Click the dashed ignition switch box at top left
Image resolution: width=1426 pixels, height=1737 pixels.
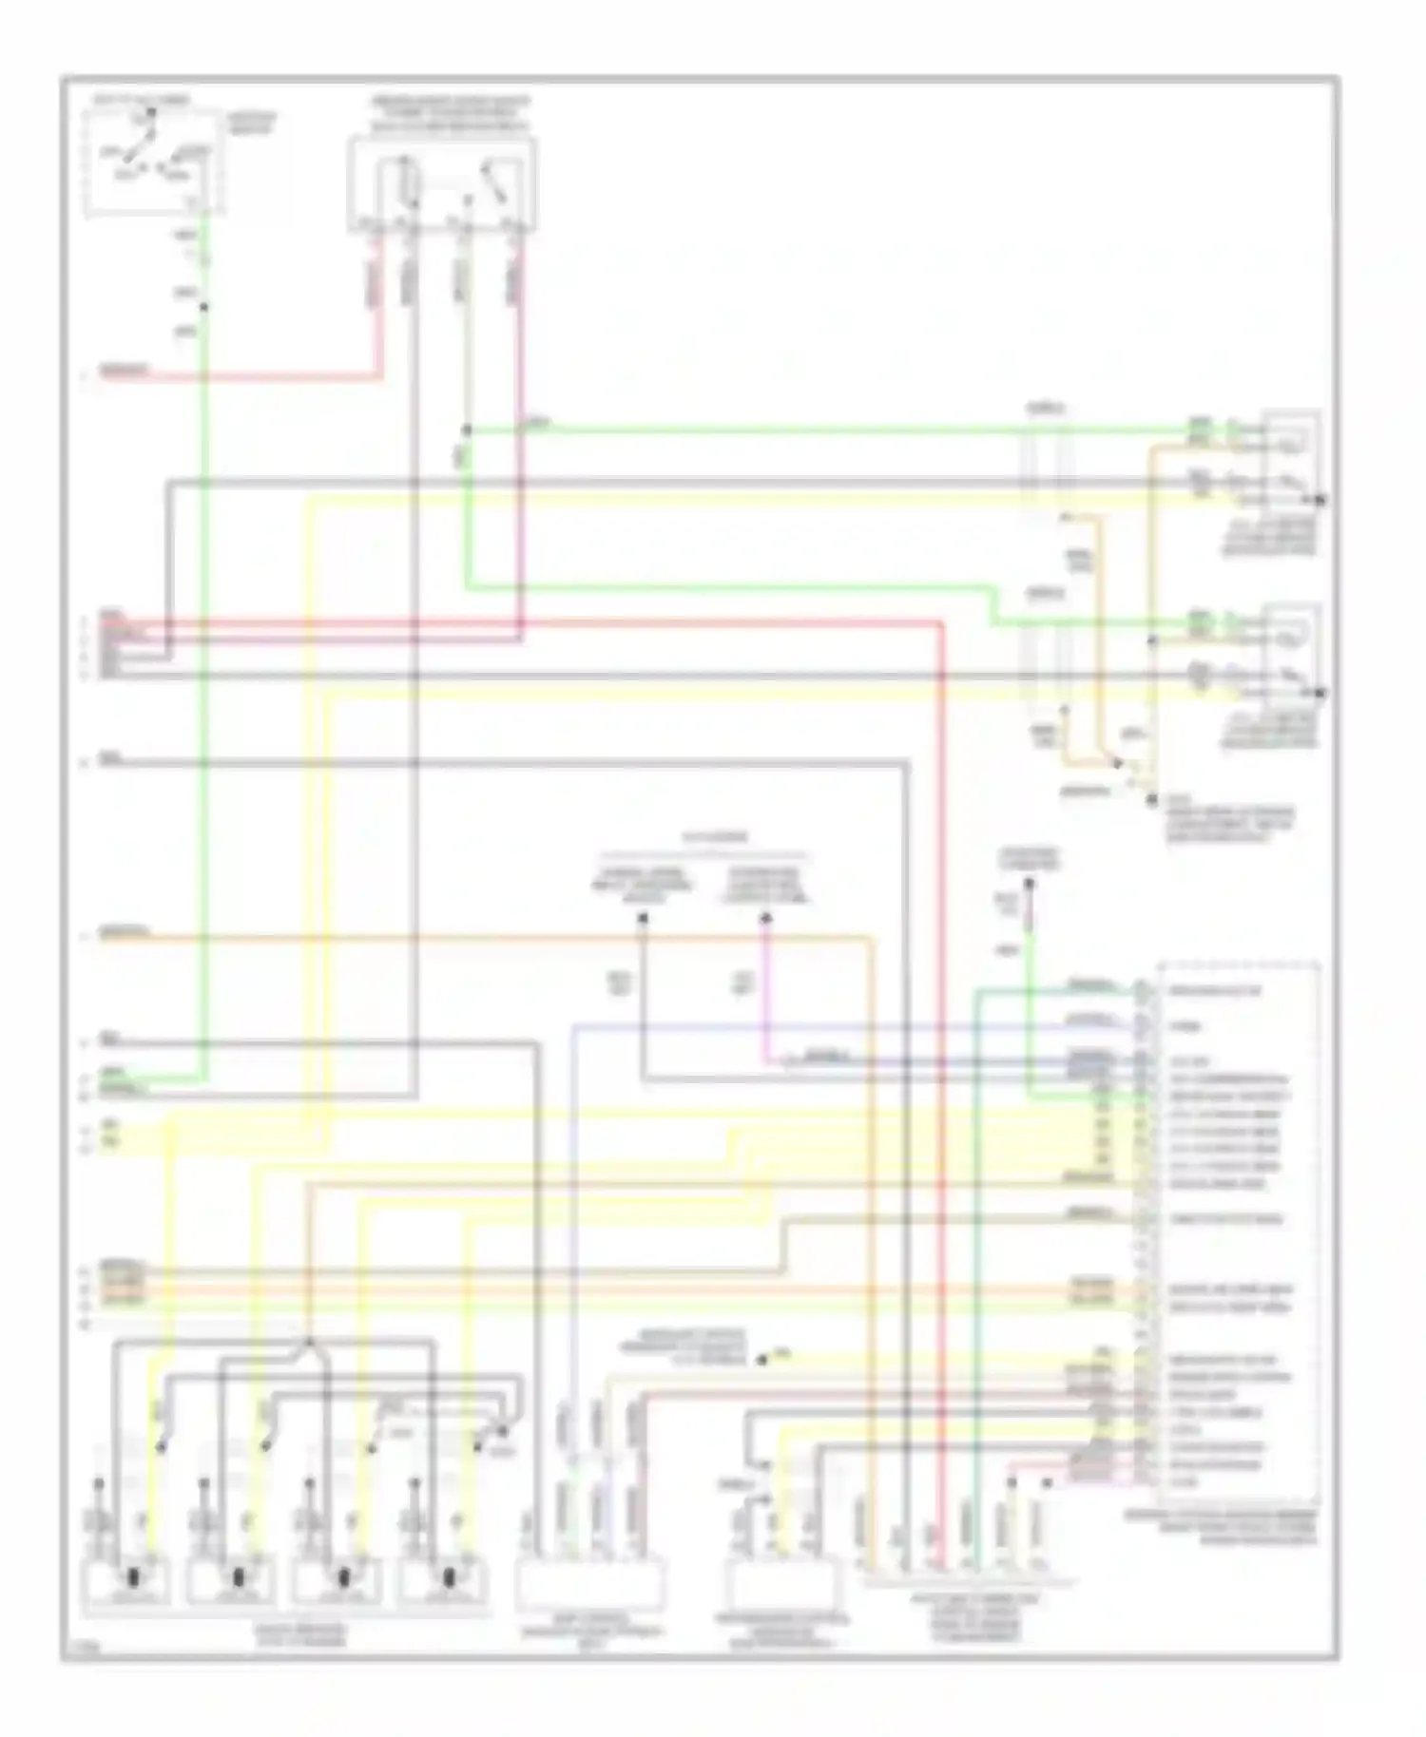(155, 162)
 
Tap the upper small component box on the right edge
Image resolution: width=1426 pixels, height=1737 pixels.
(1291, 456)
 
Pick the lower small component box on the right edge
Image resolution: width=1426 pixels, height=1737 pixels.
(1291, 649)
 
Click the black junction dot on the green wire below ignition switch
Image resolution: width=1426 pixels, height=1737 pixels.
(202, 306)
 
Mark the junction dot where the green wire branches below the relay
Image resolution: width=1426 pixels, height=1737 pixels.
(467, 430)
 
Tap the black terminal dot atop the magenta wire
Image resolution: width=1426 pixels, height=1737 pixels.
(766, 918)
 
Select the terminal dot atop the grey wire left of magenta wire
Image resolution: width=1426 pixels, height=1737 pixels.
(643, 918)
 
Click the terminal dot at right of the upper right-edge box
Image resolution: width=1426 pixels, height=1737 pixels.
(1320, 499)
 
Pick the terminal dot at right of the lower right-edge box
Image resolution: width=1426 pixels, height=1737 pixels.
(1320, 693)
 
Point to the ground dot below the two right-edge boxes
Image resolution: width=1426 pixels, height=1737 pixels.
(1151, 800)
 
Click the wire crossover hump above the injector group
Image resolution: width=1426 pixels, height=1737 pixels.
(309, 1343)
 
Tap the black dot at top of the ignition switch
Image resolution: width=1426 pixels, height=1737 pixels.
(150, 114)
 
